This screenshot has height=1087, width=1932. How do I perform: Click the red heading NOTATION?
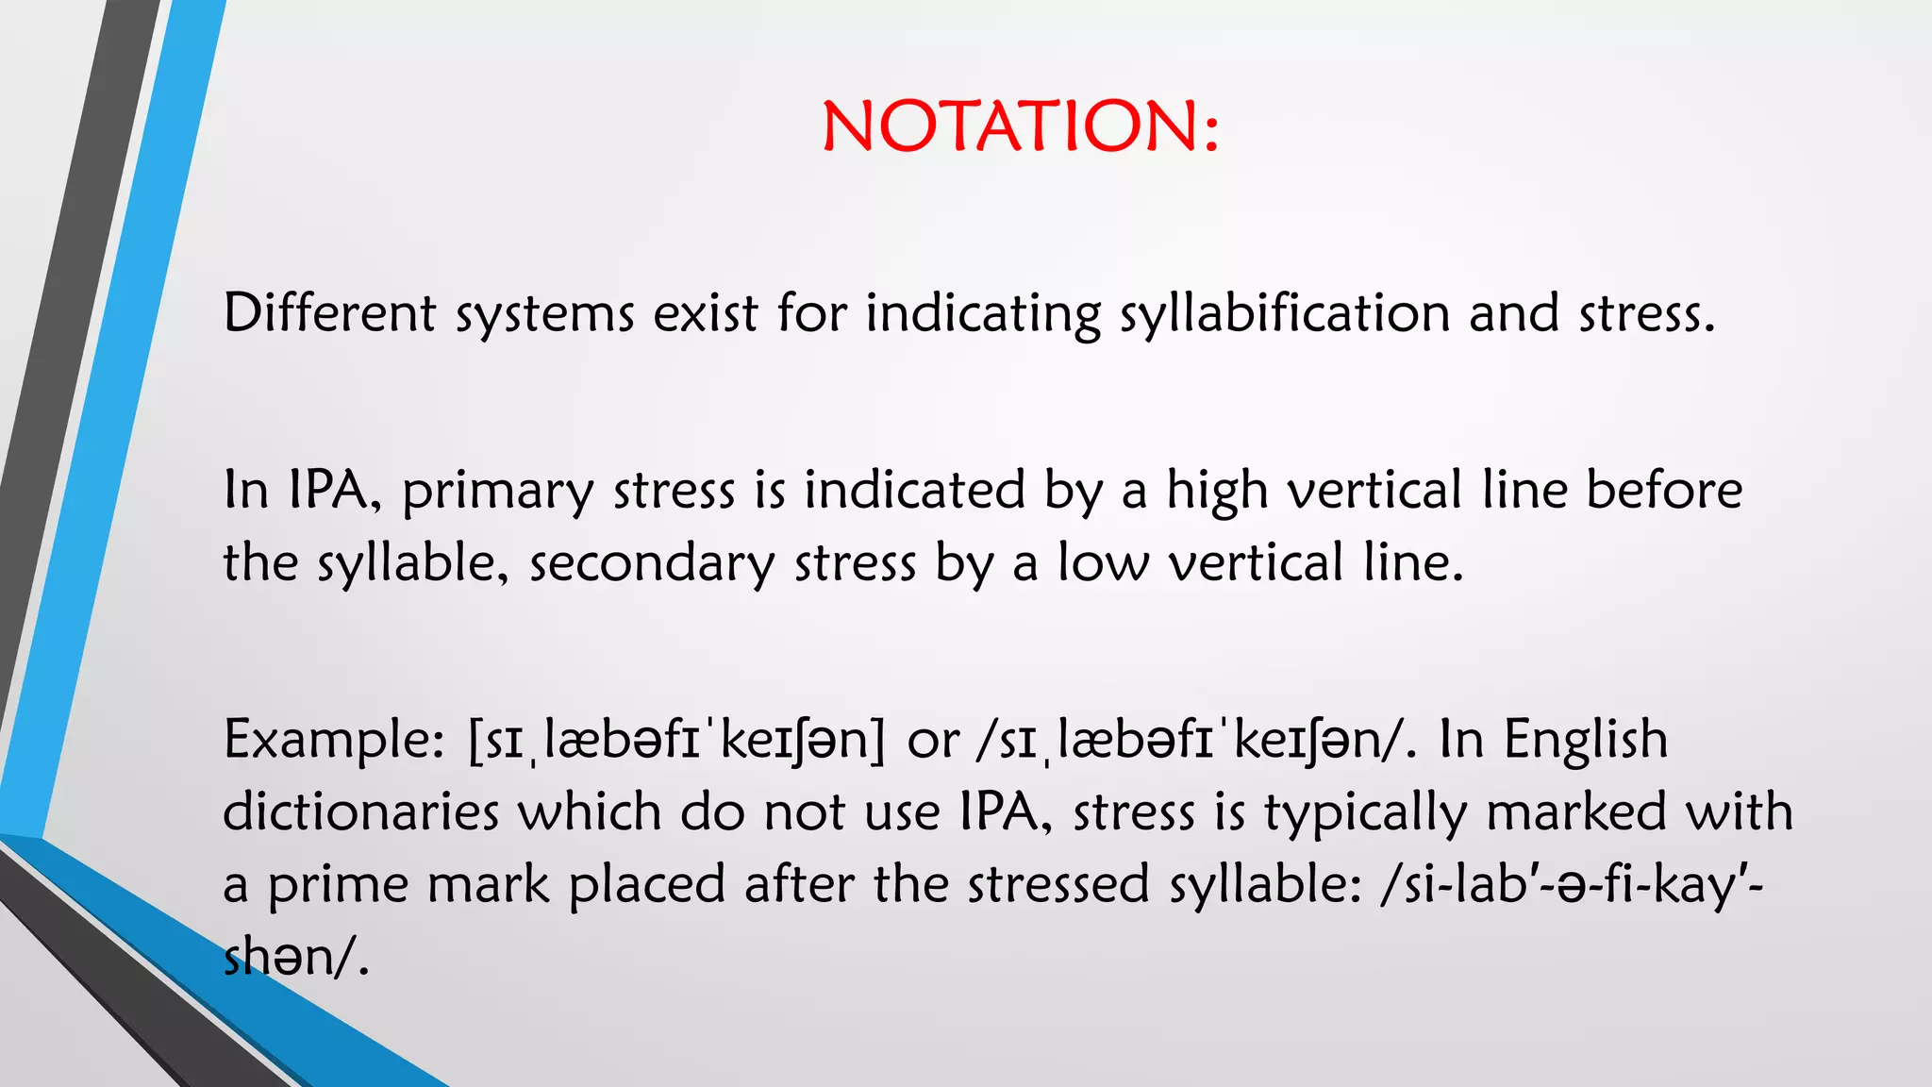tap(1021, 126)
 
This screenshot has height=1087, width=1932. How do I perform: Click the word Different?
tap(328, 313)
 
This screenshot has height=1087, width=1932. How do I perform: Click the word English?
tap(1585, 740)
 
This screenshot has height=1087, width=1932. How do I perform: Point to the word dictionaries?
tap(360, 812)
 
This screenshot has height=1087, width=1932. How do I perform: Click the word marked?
tap(1576, 812)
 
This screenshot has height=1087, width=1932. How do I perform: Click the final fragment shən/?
tap(294, 958)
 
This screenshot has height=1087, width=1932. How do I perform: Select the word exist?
tap(706, 313)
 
